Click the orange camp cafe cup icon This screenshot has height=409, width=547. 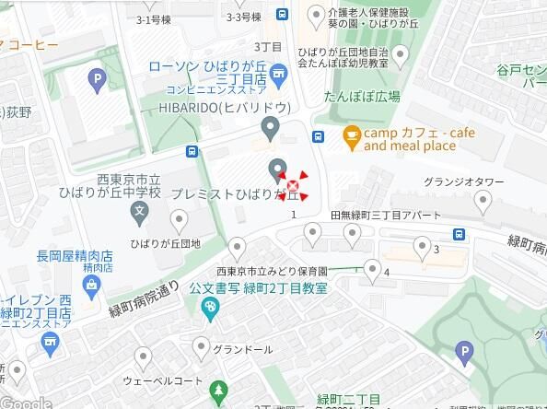(x=351, y=138)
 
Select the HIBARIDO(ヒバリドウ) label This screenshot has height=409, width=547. (x=225, y=107)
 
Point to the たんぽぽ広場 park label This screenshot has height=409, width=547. (x=361, y=97)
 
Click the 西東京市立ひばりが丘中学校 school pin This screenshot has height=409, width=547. (x=139, y=213)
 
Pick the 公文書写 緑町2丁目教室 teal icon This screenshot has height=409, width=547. (x=209, y=306)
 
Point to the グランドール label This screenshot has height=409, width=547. (x=242, y=350)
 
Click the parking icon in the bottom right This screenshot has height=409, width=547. (x=465, y=351)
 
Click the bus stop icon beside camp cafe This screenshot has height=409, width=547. (x=318, y=137)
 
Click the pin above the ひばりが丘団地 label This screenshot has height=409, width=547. (x=179, y=220)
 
